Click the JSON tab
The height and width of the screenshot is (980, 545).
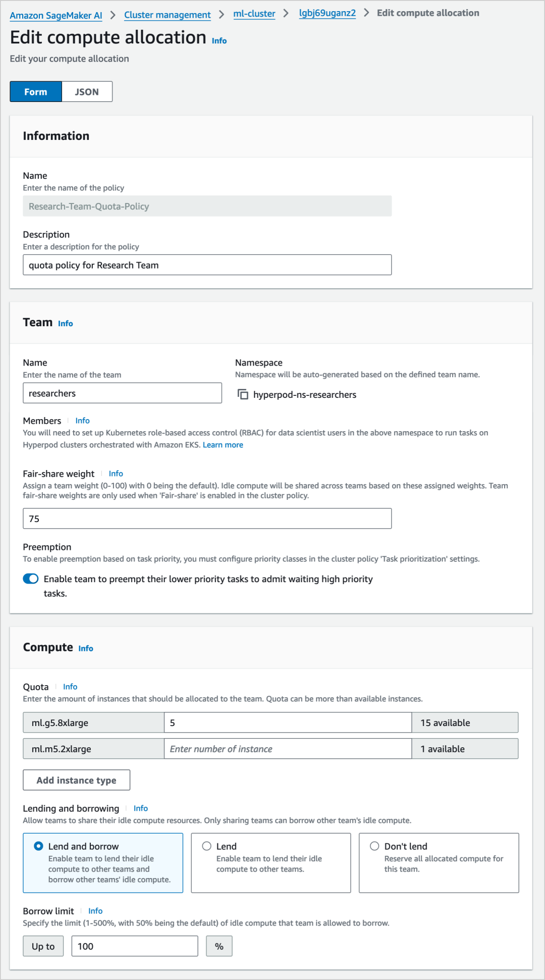87,92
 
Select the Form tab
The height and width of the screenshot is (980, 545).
36,92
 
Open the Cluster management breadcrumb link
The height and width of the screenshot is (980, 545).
168,15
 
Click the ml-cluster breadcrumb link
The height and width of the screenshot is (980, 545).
254,14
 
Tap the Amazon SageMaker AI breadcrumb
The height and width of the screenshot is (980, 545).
56,15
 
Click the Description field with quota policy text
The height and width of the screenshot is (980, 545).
207,265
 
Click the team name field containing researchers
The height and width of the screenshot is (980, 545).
122,393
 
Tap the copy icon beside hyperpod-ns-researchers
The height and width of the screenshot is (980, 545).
243,394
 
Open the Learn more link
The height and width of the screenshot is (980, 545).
223,445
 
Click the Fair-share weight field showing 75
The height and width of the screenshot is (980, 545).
207,519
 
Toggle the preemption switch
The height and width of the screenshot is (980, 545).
31,579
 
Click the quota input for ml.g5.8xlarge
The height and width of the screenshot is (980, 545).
288,723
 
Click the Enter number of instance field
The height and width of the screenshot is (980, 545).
288,749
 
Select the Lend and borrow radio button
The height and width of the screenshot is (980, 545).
38,846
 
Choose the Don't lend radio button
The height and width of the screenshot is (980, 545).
374,846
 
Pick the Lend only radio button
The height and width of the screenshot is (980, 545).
206,846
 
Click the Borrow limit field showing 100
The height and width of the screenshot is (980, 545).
135,946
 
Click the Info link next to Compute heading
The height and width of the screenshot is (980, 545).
86,648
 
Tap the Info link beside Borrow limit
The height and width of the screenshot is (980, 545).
95,911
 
